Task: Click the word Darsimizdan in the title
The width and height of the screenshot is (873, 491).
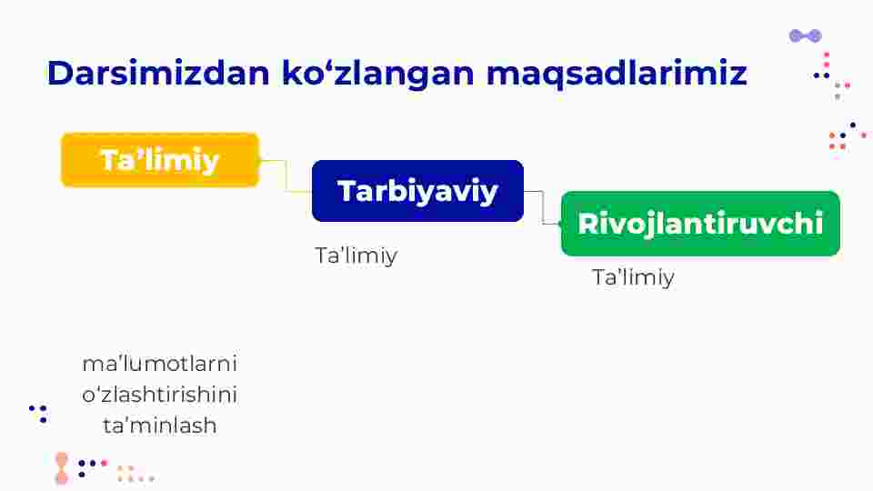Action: pyautogui.click(x=158, y=73)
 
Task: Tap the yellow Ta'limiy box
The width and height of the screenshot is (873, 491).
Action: pyautogui.click(x=160, y=160)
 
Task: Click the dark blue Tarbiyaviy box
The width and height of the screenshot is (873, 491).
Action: pyautogui.click(x=417, y=191)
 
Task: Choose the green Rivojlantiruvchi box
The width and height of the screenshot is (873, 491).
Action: pyautogui.click(x=700, y=224)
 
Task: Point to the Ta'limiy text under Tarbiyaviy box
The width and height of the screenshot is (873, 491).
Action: pyautogui.click(x=356, y=256)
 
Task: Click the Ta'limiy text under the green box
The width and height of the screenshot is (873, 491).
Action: pyautogui.click(x=633, y=277)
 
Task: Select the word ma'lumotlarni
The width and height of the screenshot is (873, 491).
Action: pyautogui.click(x=160, y=364)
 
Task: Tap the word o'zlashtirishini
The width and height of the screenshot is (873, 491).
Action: pyautogui.click(x=160, y=395)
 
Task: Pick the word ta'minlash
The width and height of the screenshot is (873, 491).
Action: pyautogui.click(x=160, y=426)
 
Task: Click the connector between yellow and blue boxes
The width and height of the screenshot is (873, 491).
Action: pyautogui.click(x=286, y=175)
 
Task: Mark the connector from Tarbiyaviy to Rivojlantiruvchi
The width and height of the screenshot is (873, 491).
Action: pyautogui.click(x=542, y=207)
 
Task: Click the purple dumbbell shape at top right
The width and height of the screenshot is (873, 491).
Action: pyautogui.click(x=806, y=36)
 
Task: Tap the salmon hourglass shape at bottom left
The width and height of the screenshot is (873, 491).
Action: pyautogui.click(x=62, y=468)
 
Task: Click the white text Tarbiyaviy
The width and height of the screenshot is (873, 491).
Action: pyautogui.click(x=417, y=192)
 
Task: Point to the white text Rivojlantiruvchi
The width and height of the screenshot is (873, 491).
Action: pyautogui.click(x=700, y=224)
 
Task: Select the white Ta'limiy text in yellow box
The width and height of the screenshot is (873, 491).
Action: pyautogui.click(x=160, y=160)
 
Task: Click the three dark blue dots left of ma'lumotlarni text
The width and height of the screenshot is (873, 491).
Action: pyautogui.click(x=39, y=414)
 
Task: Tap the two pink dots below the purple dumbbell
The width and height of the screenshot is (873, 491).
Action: pyautogui.click(x=827, y=60)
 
